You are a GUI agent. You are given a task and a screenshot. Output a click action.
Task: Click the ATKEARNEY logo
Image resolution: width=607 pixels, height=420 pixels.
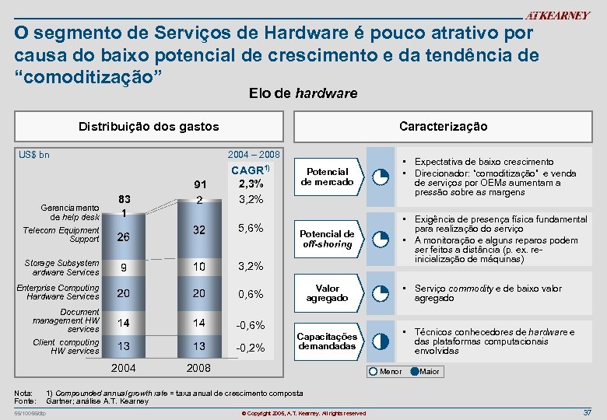tap(557, 16)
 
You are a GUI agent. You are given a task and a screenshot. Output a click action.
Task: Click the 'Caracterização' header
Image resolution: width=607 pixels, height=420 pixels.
tap(443, 126)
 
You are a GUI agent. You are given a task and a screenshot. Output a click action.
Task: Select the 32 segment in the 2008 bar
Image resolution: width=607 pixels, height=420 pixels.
tap(199, 230)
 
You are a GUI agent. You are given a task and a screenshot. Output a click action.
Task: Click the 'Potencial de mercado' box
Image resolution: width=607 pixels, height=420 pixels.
tap(329, 177)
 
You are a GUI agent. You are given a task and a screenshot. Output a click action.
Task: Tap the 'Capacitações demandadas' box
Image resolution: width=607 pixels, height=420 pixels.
tap(328, 341)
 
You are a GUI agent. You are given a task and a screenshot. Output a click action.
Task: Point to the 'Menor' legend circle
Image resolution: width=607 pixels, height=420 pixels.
tap(375, 371)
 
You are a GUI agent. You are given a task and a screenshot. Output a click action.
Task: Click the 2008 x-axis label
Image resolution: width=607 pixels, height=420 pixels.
tap(199, 368)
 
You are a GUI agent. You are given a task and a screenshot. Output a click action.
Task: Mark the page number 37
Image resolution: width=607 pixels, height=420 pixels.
tap(587, 411)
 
